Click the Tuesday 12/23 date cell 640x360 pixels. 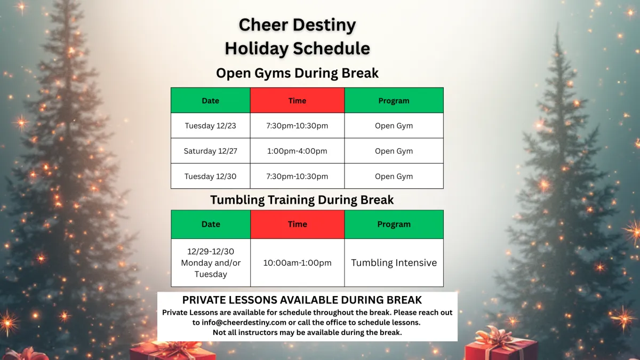[x=211, y=126]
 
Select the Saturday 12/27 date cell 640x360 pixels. [x=211, y=151]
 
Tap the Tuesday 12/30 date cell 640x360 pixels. [x=211, y=176]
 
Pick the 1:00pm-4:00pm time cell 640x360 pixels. [x=297, y=151]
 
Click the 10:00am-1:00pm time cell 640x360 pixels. [x=298, y=262]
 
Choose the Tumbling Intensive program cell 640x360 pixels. [x=394, y=262]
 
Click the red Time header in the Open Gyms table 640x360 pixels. [x=297, y=100]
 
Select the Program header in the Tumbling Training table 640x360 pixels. [x=394, y=225]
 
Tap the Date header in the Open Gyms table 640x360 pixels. [x=211, y=100]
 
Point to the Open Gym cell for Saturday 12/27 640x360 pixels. [x=394, y=151]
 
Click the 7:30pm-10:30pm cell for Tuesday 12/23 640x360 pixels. [x=297, y=126]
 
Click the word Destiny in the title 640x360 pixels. [x=324, y=25]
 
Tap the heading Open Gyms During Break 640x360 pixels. [x=297, y=73]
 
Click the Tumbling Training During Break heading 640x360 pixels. [x=302, y=199]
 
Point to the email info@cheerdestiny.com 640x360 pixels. [x=244, y=322]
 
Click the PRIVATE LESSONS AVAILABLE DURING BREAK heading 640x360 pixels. [x=302, y=300]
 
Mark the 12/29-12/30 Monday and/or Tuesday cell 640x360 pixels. [x=211, y=262]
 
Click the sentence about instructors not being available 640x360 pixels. [x=307, y=332]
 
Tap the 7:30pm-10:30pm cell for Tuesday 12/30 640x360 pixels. [x=297, y=176]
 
